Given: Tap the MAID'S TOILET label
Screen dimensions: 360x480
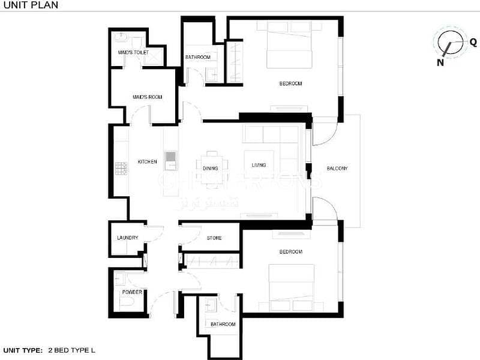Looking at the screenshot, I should click(x=133, y=53).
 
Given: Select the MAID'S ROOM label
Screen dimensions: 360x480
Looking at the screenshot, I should click(x=147, y=97).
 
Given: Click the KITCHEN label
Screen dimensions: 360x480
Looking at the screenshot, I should click(x=147, y=161).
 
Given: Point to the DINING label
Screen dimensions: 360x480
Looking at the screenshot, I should click(x=210, y=168).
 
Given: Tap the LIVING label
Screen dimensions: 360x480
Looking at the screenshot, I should click(x=259, y=165).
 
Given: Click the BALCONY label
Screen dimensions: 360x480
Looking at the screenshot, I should click(x=337, y=168).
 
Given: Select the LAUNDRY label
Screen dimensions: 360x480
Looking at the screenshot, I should click(x=127, y=238).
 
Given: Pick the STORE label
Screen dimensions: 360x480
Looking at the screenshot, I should click(x=214, y=238).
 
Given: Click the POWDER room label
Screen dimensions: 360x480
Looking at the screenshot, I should click(x=132, y=292).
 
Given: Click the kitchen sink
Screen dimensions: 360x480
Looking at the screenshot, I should click(x=170, y=157).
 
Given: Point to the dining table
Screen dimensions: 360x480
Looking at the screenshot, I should click(x=214, y=162).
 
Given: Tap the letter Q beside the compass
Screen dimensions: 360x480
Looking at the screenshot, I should click(x=473, y=42).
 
